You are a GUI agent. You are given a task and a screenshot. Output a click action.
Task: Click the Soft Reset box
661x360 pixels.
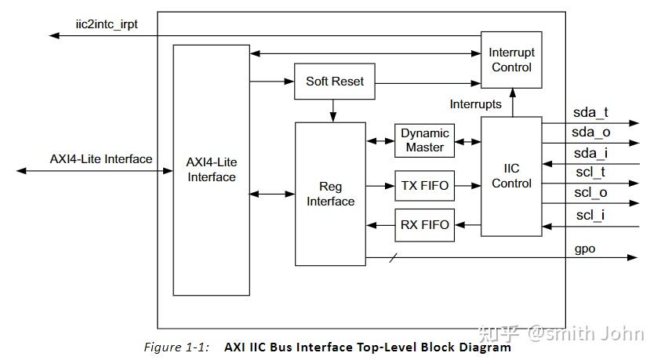[335, 82]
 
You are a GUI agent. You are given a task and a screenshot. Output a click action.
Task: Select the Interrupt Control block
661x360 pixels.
[511, 60]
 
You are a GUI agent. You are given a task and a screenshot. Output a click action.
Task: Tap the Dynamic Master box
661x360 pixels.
[424, 140]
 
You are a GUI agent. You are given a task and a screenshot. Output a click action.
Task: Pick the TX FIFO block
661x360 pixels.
[424, 185]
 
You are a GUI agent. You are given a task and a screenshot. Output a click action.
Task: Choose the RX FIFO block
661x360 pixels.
[424, 225]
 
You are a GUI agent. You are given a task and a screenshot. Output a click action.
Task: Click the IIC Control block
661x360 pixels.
[511, 176]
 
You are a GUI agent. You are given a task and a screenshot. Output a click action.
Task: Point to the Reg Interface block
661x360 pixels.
[331, 194]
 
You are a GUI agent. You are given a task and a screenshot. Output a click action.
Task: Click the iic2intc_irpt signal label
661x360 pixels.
[107, 24]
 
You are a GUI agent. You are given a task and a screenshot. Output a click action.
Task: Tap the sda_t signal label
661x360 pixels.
[590, 112]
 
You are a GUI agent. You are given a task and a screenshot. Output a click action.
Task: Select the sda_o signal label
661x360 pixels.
[591, 132]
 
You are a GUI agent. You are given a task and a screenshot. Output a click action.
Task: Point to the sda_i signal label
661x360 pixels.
[590, 153]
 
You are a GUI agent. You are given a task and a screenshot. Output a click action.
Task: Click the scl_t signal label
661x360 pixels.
[590, 172]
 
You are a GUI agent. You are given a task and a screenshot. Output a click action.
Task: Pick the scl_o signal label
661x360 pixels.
[590, 193]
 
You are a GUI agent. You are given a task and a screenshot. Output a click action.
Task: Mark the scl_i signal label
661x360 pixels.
[590, 215]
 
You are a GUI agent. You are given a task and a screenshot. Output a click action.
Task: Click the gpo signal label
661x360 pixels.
[585, 249]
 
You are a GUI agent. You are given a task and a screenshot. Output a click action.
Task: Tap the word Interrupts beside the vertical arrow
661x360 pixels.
[475, 104]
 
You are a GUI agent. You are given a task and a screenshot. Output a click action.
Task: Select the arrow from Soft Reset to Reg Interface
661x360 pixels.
[333, 111]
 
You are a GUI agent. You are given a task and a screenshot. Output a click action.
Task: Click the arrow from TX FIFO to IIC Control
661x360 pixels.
[467, 185]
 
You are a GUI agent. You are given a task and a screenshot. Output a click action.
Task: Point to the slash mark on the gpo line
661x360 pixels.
[393, 257]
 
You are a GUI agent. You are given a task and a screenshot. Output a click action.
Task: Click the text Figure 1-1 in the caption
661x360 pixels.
[176, 347]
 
